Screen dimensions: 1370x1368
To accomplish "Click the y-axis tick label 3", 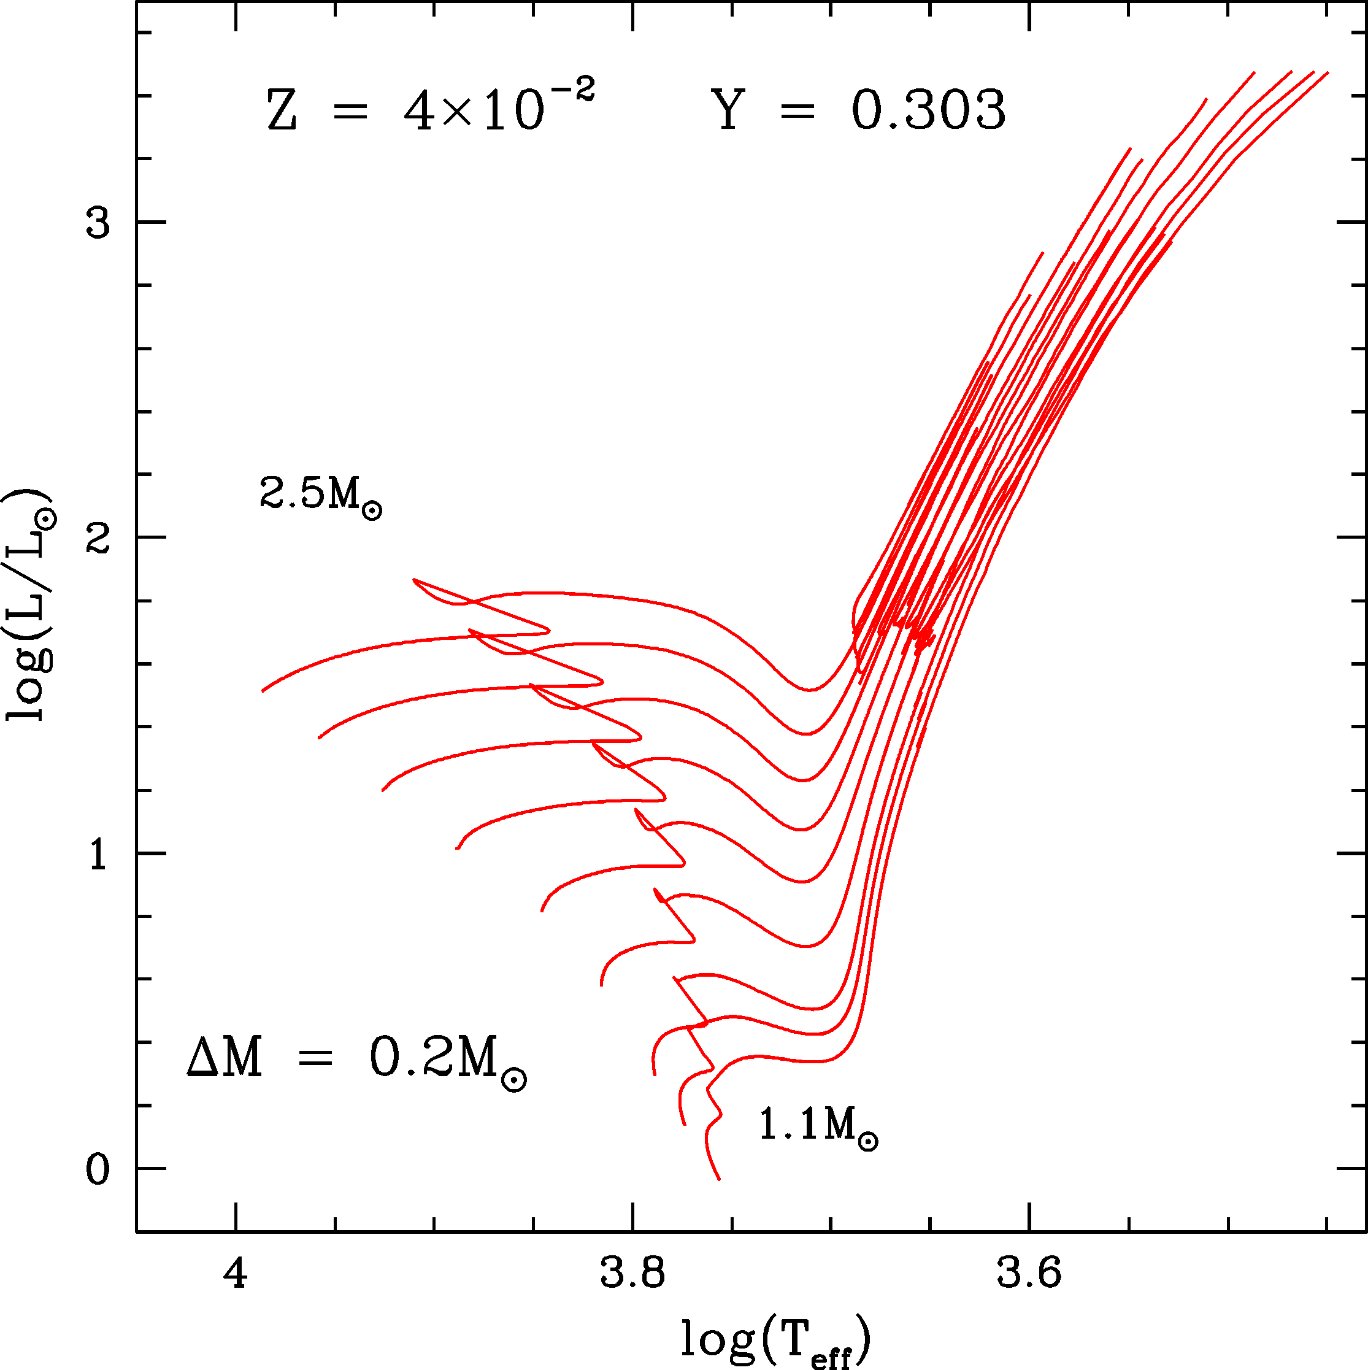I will point(98,223).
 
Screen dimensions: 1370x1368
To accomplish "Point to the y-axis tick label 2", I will point(98,541).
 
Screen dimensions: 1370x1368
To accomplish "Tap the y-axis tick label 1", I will point(98,856).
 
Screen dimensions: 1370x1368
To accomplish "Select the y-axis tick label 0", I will point(98,1171).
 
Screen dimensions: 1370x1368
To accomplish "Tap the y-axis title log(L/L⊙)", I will point(30,604).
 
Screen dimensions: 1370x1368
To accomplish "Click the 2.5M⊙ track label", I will point(321,495).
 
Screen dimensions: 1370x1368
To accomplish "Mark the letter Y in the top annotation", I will point(728,110).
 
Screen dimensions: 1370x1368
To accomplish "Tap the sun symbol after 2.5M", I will point(372,510).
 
